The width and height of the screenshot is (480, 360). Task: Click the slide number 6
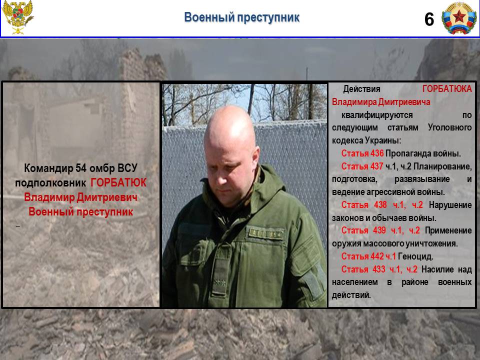[x=429, y=19]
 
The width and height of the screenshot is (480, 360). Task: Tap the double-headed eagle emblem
[x=17, y=17]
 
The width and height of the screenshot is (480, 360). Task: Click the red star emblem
[x=459, y=18]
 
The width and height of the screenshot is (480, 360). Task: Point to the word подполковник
[x=50, y=183]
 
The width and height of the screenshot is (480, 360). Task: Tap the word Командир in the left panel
[x=48, y=168]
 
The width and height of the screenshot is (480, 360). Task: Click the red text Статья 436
[x=362, y=153]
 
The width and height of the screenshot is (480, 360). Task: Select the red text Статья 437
[x=362, y=166]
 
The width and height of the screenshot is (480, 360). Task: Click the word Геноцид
[x=415, y=256]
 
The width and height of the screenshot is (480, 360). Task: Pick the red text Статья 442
[x=362, y=256]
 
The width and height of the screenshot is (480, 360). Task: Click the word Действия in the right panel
[x=361, y=89]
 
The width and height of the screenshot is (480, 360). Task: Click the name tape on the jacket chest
[x=266, y=233]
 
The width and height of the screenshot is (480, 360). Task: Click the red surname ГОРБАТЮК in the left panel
[x=118, y=183]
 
